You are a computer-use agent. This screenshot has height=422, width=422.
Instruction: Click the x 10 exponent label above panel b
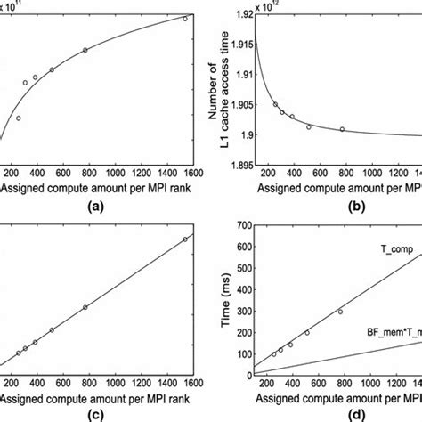(275, 7)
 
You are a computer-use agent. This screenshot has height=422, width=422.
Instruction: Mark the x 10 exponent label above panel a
(25, 7)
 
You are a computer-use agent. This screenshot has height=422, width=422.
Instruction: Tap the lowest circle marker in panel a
(18, 118)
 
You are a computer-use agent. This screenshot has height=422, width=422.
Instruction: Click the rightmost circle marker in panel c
(185, 239)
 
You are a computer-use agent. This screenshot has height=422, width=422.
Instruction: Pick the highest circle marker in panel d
(340, 312)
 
